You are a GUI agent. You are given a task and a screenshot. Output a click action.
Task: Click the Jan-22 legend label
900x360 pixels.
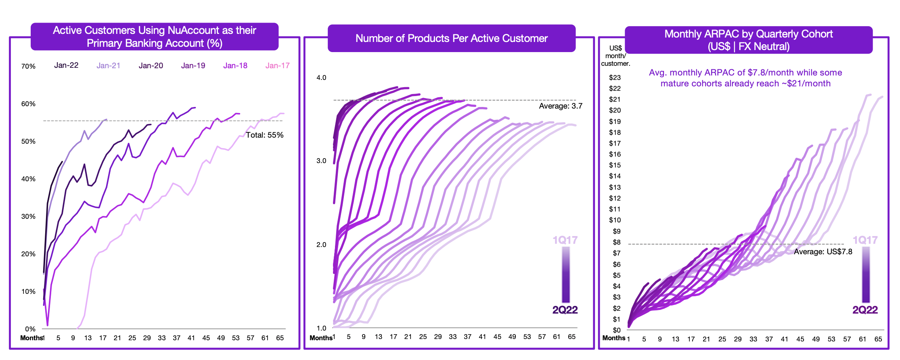(x=66, y=65)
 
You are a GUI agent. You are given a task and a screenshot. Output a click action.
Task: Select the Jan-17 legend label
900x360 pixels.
(x=277, y=65)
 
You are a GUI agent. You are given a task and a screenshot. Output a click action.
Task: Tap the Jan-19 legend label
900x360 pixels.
(x=193, y=65)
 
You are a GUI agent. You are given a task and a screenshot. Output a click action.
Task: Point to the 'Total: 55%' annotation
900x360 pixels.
(x=264, y=135)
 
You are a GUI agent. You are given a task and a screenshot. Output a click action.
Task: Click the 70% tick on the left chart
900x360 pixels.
(x=28, y=66)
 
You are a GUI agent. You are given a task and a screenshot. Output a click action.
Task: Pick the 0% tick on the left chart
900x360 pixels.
(x=30, y=329)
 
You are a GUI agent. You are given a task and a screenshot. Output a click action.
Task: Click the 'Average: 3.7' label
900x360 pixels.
(x=561, y=106)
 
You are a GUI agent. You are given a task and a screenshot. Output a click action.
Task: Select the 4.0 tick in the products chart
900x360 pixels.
(x=321, y=77)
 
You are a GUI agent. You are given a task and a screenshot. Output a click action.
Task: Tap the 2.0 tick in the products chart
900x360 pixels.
(x=321, y=245)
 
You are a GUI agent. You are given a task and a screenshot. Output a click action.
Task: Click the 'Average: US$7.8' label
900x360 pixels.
(x=823, y=252)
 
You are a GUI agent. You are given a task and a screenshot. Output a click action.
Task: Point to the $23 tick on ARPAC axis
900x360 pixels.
(x=615, y=77)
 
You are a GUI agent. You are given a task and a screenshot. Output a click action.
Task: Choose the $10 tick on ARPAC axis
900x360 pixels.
(x=615, y=220)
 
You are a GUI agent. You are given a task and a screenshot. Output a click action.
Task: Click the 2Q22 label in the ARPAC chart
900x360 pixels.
(x=865, y=310)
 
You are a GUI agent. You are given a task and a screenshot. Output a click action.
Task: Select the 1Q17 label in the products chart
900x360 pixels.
(x=565, y=240)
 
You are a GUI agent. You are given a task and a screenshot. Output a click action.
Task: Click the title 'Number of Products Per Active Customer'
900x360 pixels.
(x=451, y=38)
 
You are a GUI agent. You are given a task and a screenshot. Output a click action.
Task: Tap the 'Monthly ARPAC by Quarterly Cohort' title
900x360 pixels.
(x=748, y=34)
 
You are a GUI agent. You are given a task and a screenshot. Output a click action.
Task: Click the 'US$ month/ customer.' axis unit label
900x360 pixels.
(x=615, y=56)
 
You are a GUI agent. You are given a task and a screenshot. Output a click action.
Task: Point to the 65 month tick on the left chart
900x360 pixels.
(x=280, y=338)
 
